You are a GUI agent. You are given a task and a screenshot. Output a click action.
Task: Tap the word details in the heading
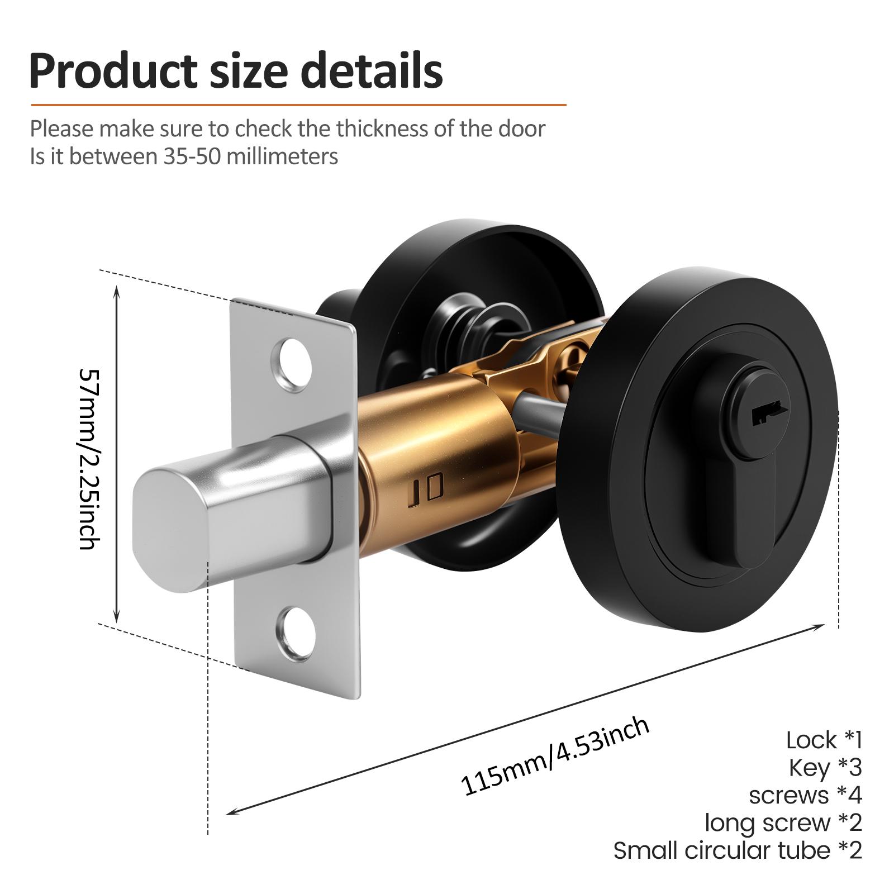tap(372, 70)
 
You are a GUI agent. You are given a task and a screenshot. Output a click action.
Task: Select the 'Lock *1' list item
tap(824, 740)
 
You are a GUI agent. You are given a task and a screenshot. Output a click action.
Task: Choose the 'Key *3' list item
tap(825, 768)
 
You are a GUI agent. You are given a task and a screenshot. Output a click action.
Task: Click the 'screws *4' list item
tap(805, 795)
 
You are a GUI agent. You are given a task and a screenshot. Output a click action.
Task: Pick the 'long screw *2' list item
tap(783, 822)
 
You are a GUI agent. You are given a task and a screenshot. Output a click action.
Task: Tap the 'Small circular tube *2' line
tap(738, 850)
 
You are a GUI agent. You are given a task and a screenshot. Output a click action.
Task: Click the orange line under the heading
tap(298, 104)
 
